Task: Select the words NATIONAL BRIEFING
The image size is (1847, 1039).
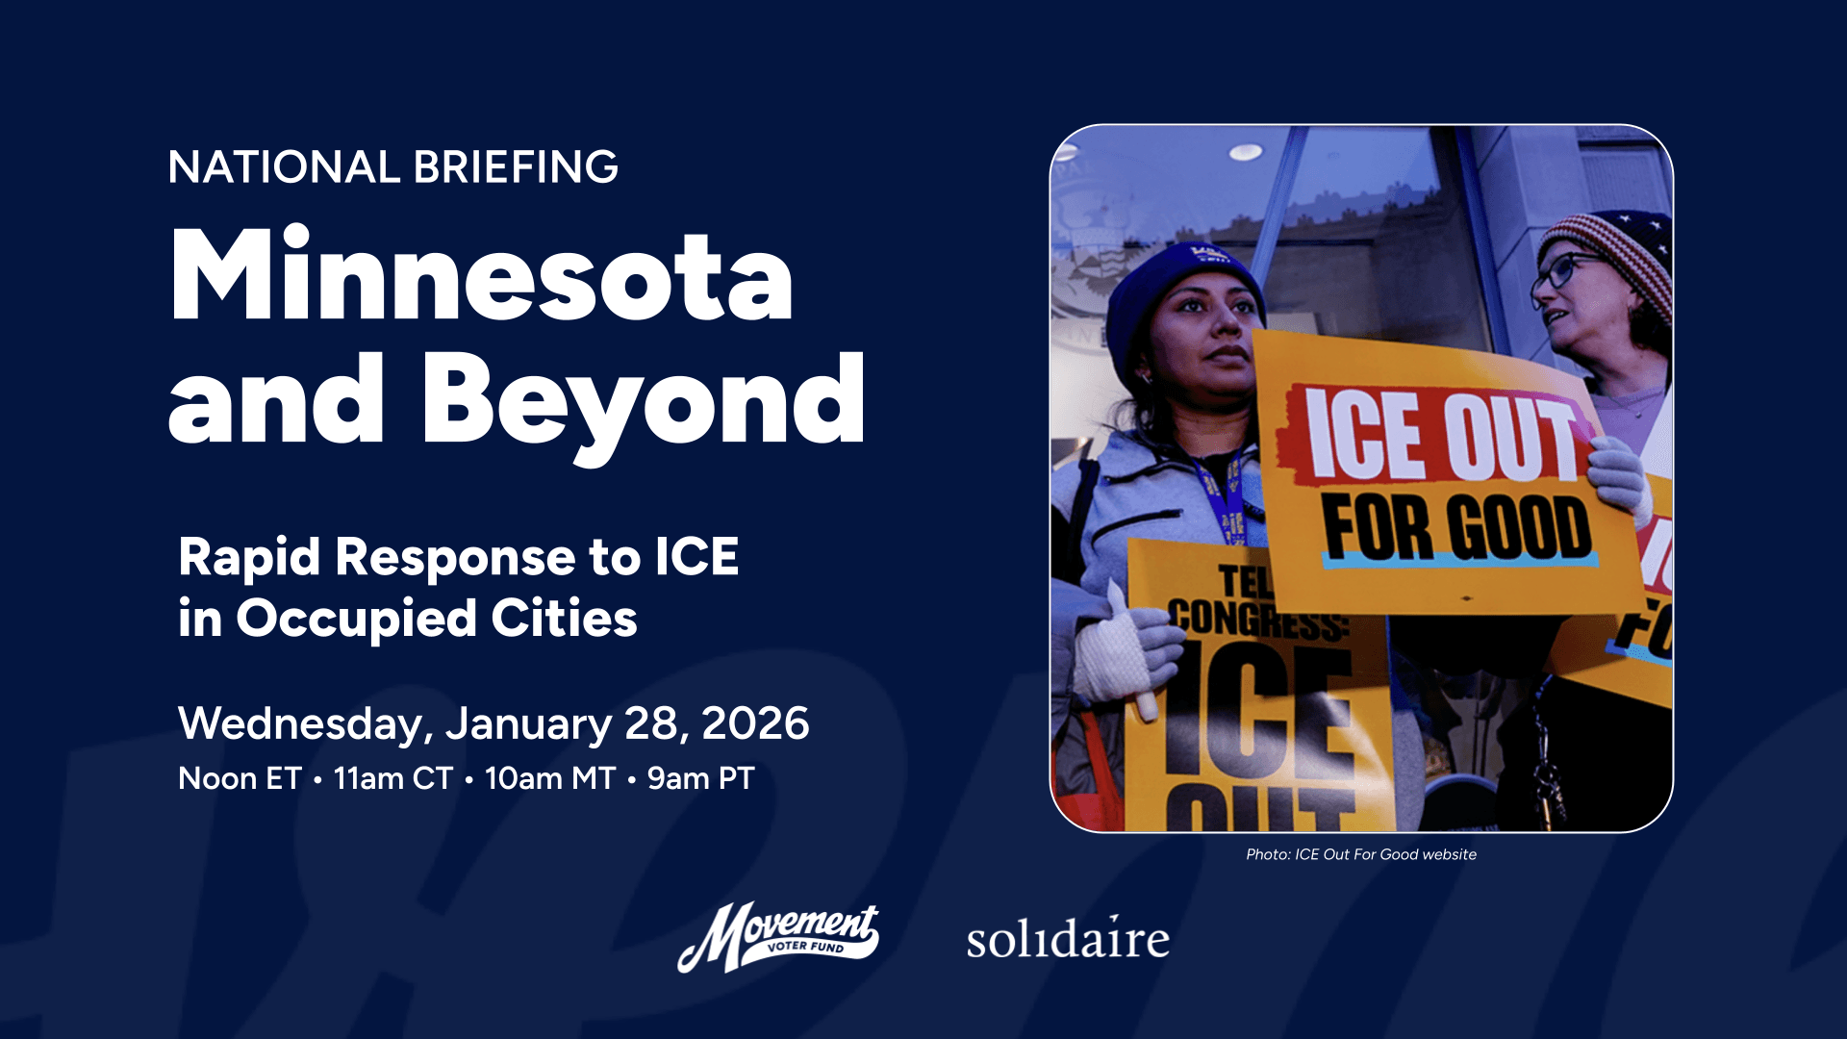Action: click(x=392, y=167)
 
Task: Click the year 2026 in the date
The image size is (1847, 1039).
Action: click(x=755, y=723)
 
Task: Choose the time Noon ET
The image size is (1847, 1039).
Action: click(x=240, y=778)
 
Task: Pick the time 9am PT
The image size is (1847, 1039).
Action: click(x=700, y=778)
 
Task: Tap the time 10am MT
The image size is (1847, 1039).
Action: click(x=549, y=778)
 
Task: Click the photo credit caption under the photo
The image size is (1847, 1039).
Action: click(x=1360, y=854)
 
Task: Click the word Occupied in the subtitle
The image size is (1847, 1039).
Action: click(x=356, y=619)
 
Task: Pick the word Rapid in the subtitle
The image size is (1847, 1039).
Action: click(x=248, y=557)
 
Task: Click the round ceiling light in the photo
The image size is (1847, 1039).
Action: click(x=1245, y=152)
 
